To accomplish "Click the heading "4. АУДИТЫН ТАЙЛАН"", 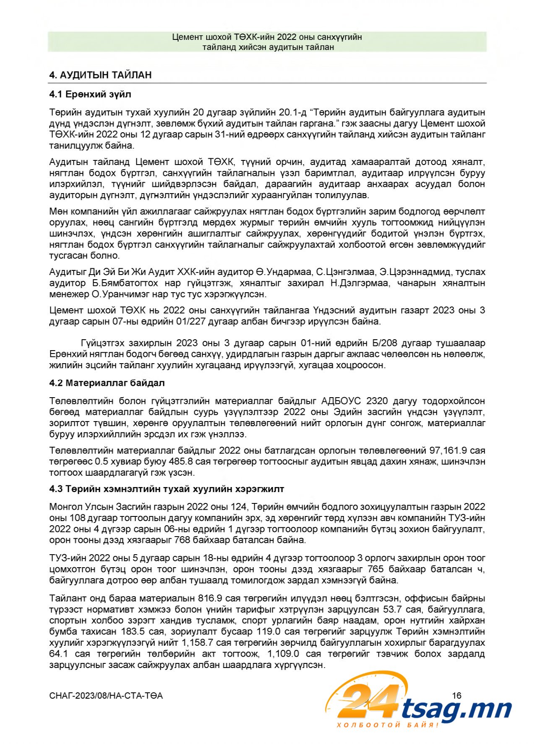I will pos(100,75).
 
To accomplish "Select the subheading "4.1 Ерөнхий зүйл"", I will pos(90,94).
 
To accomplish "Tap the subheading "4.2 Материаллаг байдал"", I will pos(107,383).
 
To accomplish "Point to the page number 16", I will pos(457,696).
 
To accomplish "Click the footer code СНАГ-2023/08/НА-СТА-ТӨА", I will pos(106,696).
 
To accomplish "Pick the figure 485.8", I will pos(181,461).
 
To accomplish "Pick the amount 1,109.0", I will pos(283,654).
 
